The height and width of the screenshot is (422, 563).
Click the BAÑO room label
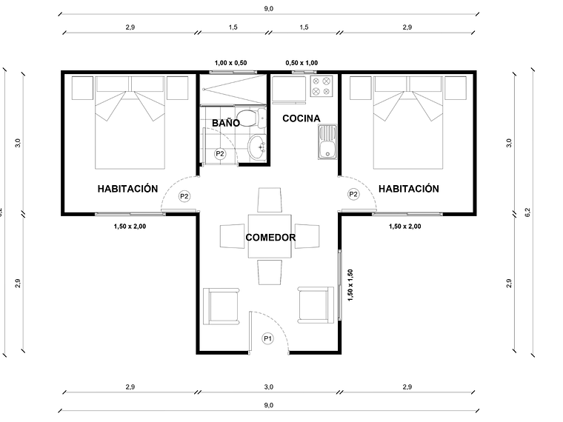225,122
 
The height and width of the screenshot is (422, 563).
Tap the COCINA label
301,118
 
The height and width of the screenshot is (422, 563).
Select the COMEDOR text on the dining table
270,238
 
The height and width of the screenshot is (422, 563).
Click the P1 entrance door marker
268,338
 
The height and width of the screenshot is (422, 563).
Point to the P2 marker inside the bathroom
219,153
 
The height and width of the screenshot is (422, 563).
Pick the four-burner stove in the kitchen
322,87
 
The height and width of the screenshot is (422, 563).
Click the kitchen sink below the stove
327,142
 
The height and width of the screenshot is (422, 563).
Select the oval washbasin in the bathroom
257,147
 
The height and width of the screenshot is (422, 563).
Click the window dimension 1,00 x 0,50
230,64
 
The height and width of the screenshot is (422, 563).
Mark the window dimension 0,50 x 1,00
302,64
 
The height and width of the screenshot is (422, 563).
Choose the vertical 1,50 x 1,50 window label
351,285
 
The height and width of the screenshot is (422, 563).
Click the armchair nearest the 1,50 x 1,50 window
313,304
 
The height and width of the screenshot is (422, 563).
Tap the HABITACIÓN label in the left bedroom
127,189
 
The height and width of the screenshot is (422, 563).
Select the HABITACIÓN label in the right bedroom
408,189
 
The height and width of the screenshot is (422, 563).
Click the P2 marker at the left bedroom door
184,196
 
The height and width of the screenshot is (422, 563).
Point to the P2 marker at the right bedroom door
353,194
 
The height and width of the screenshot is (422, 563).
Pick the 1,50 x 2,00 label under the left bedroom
128,227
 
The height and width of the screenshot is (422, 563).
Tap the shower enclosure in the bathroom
230,88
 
